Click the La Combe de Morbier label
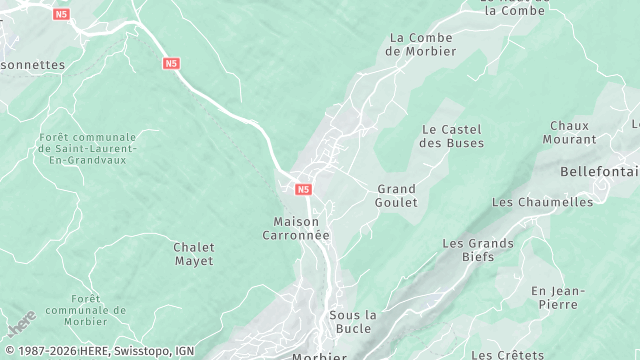(420, 44)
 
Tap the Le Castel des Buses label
(451, 136)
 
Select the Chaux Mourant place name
(572, 133)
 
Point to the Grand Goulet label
(396, 195)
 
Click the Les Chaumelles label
(542, 202)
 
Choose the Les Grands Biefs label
(478, 250)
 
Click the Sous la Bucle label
(352, 322)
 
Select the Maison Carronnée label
(301, 228)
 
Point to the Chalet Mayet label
(193, 254)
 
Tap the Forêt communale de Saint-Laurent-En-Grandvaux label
(87, 148)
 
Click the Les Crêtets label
(507, 355)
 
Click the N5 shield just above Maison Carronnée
(303, 188)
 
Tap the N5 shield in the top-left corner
(62, 14)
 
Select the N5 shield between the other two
(171, 63)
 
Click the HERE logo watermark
(20, 325)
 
